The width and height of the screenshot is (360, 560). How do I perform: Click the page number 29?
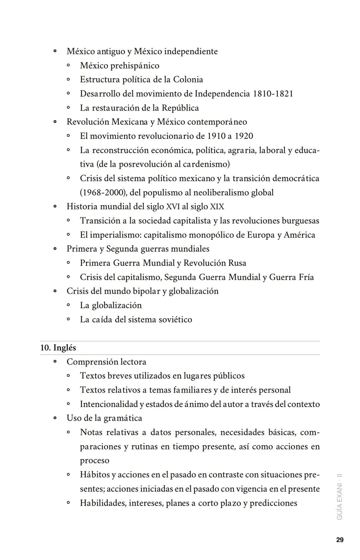coord(340,540)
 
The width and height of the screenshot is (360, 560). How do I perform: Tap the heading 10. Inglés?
coord(58,348)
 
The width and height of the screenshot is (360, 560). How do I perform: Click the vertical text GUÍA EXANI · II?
coord(340,496)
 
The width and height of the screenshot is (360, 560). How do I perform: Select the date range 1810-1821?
coord(273,94)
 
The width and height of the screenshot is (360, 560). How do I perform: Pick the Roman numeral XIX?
coord(217,207)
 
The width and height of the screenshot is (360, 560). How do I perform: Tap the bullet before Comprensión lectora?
coord(55,362)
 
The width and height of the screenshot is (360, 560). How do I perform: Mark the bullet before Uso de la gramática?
coord(55,418)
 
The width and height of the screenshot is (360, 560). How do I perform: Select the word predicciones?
coord(273,503)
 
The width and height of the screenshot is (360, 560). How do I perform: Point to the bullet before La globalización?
coord(68,305)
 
